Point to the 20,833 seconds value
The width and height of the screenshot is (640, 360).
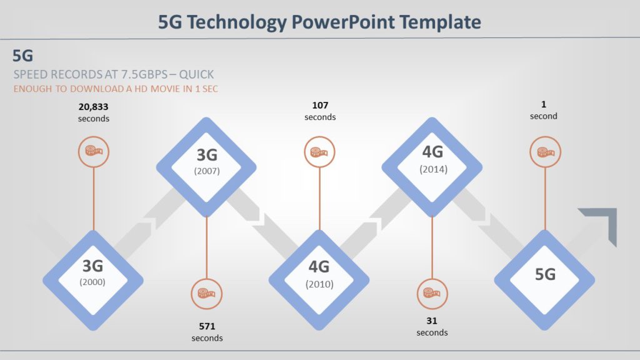pos(94,112)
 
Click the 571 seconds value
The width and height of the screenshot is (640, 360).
pos(207,331)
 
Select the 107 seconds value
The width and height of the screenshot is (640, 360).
pos(320,111)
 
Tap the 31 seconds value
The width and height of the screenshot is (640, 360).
pos(432,326)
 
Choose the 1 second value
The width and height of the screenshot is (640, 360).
pos(544,110)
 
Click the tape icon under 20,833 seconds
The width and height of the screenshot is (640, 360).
pos(94,151)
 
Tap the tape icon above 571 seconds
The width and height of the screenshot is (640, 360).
pos(207,293)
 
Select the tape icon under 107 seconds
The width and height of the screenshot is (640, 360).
pos(320,152)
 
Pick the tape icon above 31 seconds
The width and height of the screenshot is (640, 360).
pos(432,293)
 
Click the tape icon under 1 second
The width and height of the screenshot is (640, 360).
pos(545,152)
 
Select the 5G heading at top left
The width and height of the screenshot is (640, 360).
pos(23,56)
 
